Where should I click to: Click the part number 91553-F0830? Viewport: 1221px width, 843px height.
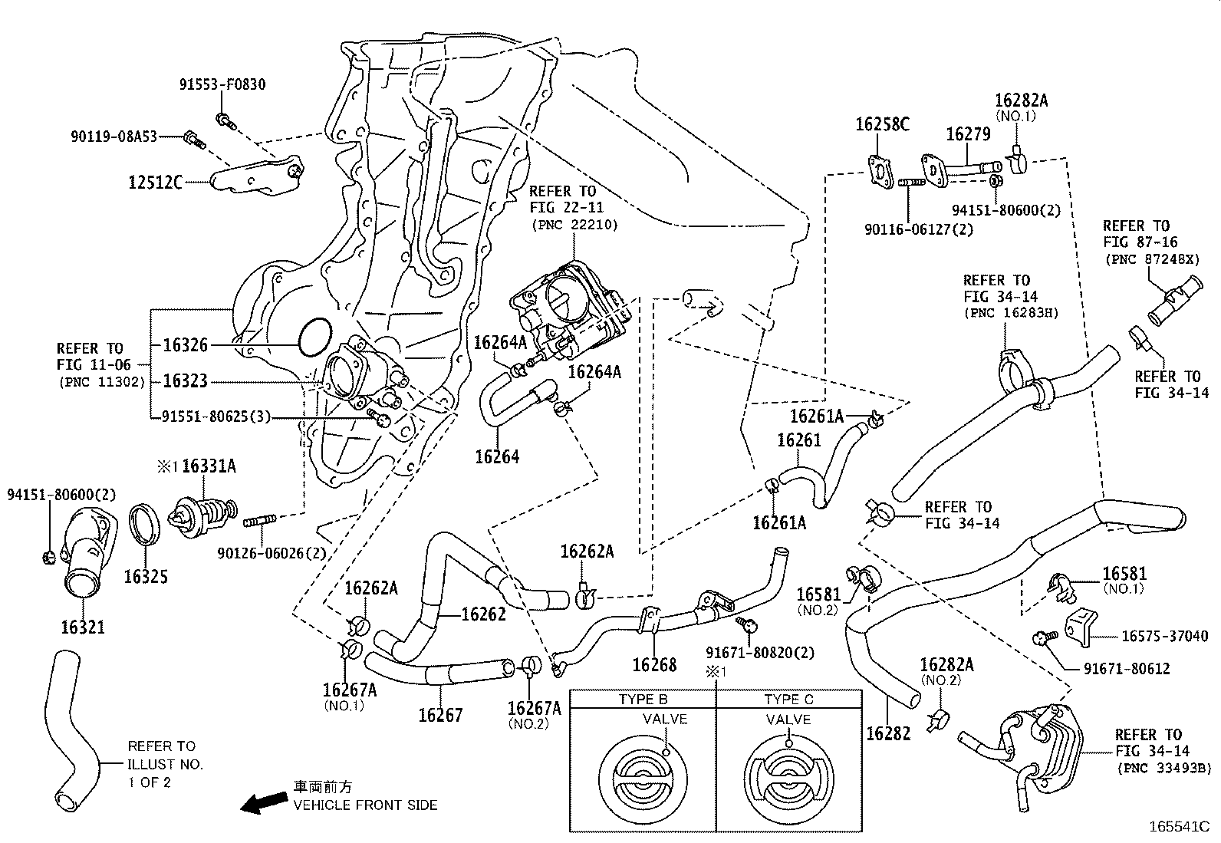pos(222,84)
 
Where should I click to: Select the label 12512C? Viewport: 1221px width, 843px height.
pos(156,183)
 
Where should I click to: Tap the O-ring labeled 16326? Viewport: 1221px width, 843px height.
pos(314,338)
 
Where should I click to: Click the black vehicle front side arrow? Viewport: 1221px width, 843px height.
pos(262,802)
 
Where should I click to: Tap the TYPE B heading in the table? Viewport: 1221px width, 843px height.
pos(643,700)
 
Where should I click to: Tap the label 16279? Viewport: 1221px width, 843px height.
pos(968,134)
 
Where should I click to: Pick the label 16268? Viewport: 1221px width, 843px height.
pos(654,664)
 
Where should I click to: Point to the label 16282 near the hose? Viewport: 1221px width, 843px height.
pos(888,733)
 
